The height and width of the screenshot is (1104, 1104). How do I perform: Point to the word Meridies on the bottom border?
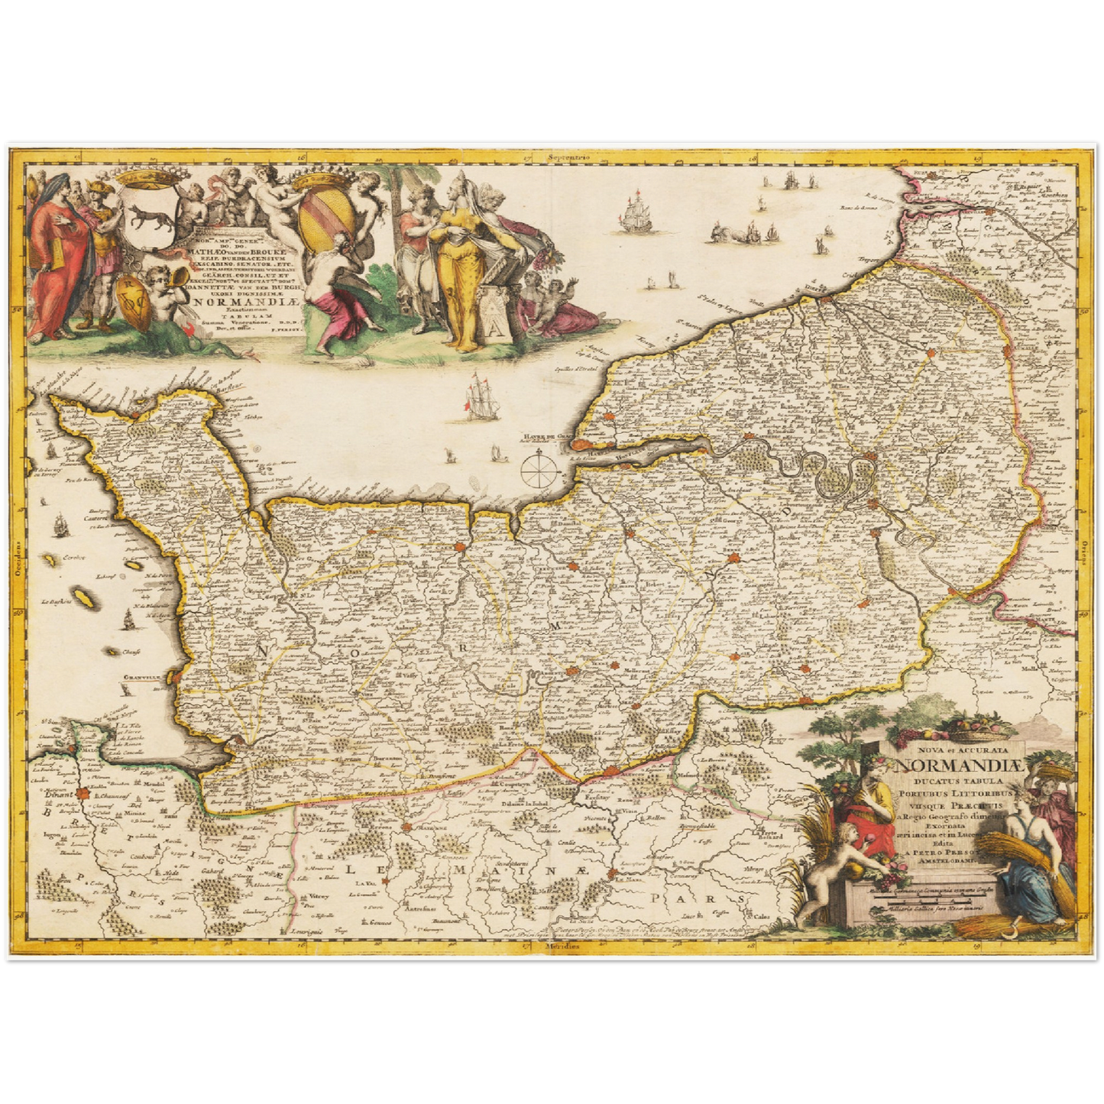[x=562, y=946]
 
